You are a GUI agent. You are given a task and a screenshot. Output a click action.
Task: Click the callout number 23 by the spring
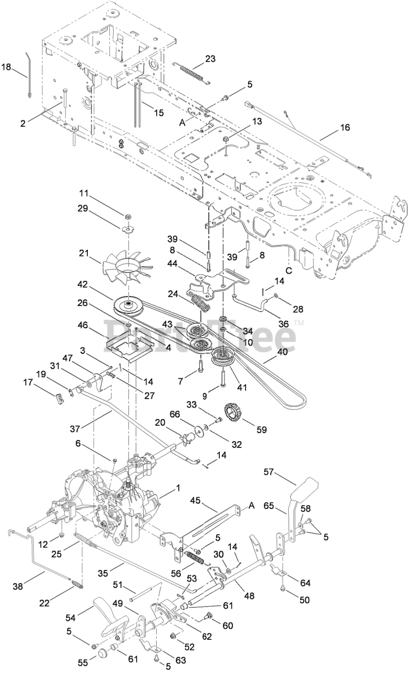coord(210,59)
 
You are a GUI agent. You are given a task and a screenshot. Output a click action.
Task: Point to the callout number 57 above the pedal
coord(269,472)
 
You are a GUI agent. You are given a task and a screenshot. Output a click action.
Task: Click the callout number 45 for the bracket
coord(210,501)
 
